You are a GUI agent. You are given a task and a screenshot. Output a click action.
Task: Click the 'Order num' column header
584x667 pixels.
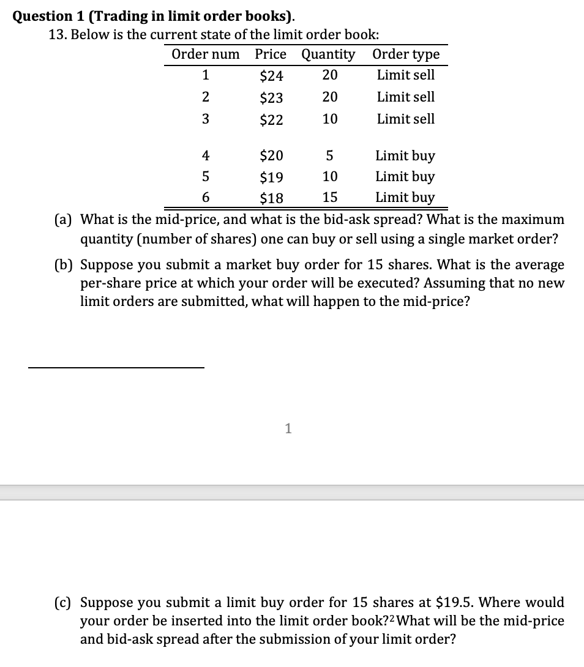coord(205,54)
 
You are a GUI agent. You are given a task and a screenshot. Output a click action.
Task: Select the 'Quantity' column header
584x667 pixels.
coord(328,54)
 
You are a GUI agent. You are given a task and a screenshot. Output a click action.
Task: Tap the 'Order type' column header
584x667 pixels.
coord(406,54)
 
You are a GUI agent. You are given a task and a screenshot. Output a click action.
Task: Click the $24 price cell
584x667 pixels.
coord(271,76)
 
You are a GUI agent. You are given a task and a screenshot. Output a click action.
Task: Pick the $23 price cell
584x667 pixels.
coord(271,98)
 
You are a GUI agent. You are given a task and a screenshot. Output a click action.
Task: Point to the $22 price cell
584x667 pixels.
coord(271,120)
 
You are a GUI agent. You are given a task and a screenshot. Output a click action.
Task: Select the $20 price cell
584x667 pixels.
coord(271,157)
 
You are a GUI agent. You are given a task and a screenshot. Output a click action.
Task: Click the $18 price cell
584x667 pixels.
coord(271,198)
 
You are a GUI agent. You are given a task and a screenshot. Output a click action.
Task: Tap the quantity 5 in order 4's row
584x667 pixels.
coord(329,157)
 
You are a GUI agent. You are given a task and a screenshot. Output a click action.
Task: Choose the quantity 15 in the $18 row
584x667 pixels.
coord(329,198)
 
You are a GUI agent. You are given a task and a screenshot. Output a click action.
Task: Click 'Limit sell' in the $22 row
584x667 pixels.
coord(406,119)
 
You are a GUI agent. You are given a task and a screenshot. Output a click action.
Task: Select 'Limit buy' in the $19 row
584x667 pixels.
coord(405,177)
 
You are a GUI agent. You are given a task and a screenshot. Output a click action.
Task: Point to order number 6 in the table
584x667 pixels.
coord(206,198)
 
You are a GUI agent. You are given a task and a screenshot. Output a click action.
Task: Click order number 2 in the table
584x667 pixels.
coord(206,97)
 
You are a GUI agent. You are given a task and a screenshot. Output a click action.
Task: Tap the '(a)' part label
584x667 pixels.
coord(61,219)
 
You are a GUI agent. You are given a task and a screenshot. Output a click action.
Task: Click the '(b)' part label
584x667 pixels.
coord(62,265)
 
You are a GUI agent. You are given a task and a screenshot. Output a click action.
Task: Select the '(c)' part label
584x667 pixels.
coord(61,602)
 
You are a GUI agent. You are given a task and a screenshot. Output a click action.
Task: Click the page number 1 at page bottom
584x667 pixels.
coord(288,429)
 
